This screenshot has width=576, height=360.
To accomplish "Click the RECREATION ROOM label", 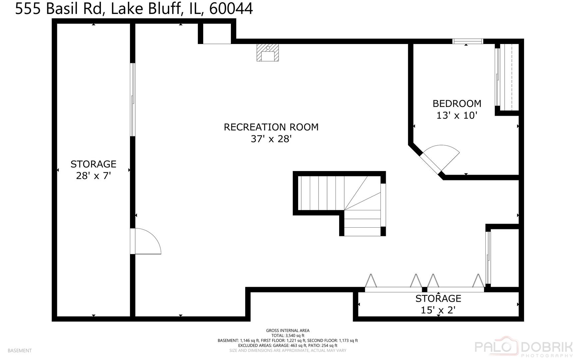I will pyautogui.click(x=271, y=127).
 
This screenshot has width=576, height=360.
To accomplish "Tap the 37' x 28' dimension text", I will pyautogui.click(x=271, y=139).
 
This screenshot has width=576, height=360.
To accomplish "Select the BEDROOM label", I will pyautogui.click(x=457, y=104).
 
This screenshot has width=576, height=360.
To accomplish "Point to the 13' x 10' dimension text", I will pyautogui.click(x=457, y=115).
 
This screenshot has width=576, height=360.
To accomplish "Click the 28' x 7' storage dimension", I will pyautogui.click(x=93, y=176).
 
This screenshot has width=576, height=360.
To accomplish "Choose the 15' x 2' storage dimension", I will pyautogui.click(x=438, y=310).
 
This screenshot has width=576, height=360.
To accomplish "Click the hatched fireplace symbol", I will pyautogui.click(x=268, y=52).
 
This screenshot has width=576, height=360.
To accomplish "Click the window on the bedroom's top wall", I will pyautogui.click(x=467, y=41).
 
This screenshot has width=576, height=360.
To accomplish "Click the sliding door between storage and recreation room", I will pyautogui.click(x=133, y=100).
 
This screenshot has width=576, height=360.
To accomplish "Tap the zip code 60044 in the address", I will pyautogui.click(x=231, y=9).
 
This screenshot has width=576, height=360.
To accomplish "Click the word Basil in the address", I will pyautogui.click(x=61, y=9).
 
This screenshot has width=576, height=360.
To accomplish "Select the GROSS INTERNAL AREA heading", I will pyautogui.click(x=288, y=331).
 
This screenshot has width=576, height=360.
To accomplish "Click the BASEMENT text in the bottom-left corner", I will pyautogui.click(x=19, y=351).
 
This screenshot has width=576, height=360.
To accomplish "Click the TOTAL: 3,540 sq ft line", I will pyautogui.click(x=288, y=336).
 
